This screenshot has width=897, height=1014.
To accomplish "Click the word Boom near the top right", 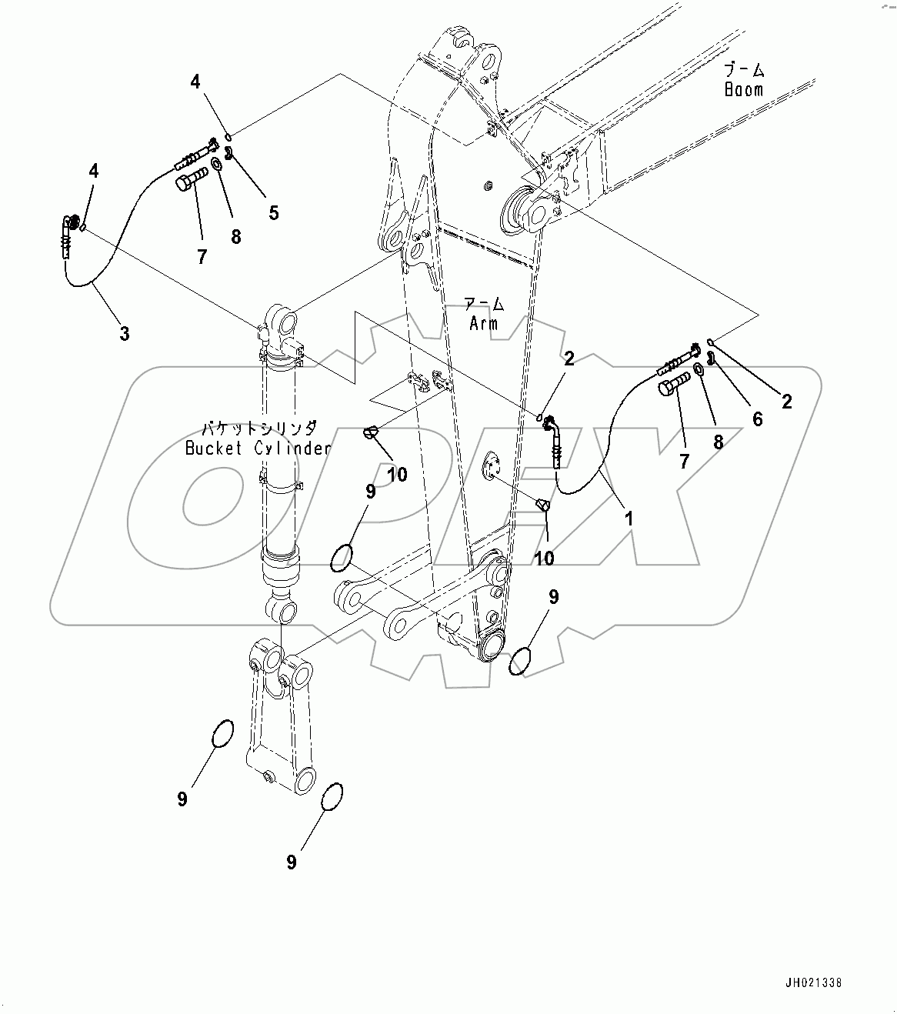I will click(743, 89).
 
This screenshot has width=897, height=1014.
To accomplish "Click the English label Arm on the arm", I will click(484, 323).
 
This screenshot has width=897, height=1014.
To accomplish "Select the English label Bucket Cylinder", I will click(258, 449).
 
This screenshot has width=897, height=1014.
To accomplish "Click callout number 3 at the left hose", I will click(124, 334).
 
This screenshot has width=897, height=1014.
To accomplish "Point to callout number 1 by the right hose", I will click(628, 519).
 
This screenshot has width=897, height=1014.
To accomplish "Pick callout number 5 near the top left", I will click(273, 212).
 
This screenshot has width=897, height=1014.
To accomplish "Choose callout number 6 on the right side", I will click(757, 419).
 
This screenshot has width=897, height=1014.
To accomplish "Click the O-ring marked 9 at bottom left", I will click(221, 734).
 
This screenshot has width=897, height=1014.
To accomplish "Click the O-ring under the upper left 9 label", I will click(342, 557).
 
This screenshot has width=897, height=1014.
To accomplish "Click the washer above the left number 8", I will click(218, 166).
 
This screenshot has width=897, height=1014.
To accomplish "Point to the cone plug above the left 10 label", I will click(372, 433).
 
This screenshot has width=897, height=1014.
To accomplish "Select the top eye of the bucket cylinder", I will click(278, 317).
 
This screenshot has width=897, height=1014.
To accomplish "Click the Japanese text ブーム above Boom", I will click(744, 70).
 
